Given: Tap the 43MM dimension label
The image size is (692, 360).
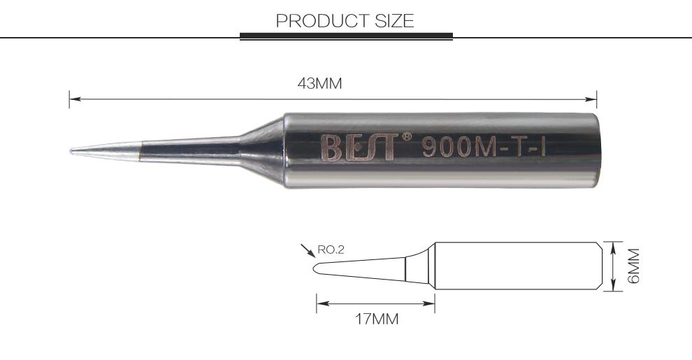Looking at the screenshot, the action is point(319,83).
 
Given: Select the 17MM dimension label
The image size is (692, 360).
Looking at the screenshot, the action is point(377,319).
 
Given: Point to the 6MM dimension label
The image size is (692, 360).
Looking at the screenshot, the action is point(633,266).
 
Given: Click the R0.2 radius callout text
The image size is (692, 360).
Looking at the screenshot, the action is point(331,250).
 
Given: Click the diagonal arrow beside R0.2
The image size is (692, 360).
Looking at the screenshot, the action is point(308,250).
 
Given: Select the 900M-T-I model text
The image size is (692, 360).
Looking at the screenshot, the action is point(484,147).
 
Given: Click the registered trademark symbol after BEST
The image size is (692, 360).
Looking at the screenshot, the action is point(406,136).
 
